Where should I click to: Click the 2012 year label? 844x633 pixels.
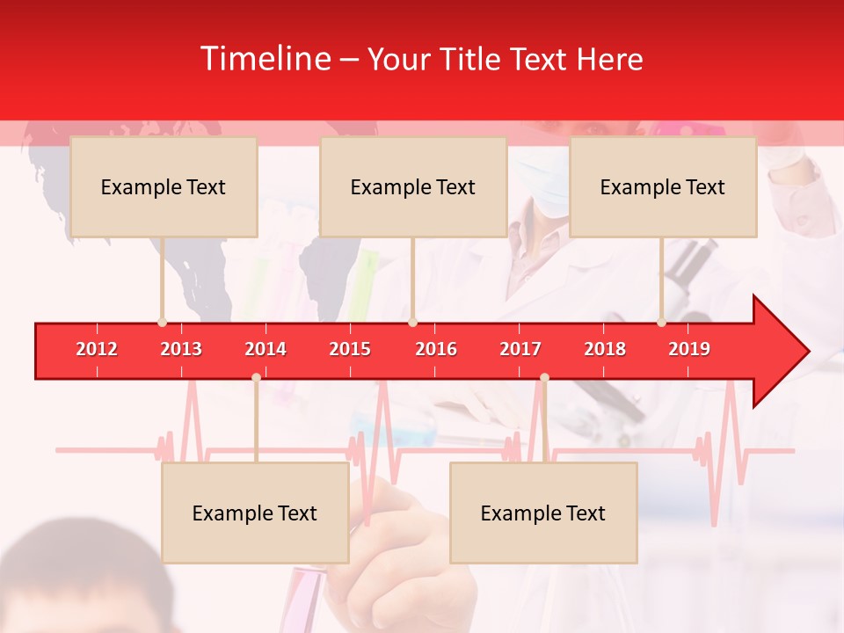click(97, 349)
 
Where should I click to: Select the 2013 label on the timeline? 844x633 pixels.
click(181, 349)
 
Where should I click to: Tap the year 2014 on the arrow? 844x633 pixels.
click(266, 349)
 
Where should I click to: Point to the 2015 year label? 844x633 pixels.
click(350, 349)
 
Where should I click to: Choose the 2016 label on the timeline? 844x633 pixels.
click(436, 349)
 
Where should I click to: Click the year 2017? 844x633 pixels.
click(520, 349)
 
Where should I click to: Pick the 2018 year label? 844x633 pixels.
click(605, 349)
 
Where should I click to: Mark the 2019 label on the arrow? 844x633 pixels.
click(689, 349)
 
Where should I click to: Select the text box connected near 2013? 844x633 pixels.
click(164, 186)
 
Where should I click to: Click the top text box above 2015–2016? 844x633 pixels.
click(413, 186)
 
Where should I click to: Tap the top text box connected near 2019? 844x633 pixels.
click(663, 186)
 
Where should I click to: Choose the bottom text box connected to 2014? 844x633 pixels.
click(255, 513)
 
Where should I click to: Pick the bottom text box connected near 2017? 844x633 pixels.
click(543, 513)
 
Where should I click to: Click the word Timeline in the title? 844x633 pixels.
click(264, 59)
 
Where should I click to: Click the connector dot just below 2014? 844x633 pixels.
click(256, 377)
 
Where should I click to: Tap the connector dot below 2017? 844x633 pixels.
click(544, 377)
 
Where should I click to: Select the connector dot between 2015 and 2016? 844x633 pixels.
click(412, 322)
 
